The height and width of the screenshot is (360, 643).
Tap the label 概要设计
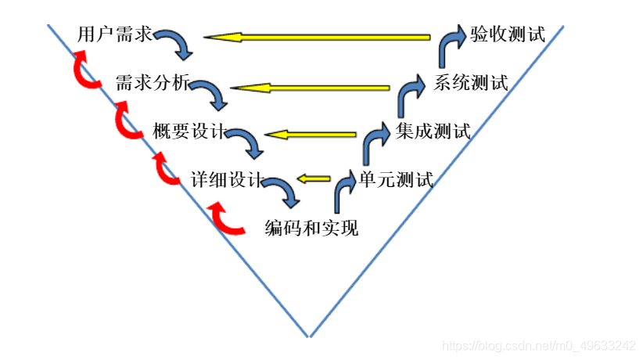click(189, 130)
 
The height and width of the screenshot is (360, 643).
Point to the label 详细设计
click(226, 178)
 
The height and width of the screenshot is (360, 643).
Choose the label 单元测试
click(396, 179)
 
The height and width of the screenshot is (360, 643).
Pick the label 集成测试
click(433, 131)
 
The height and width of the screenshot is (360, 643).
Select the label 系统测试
click(471, 82)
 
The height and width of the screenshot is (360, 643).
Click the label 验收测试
click(508, 34)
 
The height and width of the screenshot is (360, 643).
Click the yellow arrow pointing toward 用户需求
click(317, 36)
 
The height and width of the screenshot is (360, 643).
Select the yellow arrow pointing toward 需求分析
click(311, 88)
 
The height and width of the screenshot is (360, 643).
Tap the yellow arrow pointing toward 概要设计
click(309, 135)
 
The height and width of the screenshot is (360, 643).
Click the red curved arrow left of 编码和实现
click(226, 218)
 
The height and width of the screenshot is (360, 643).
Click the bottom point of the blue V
click(310, 337)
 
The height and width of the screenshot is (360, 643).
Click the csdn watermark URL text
click(539, 345)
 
